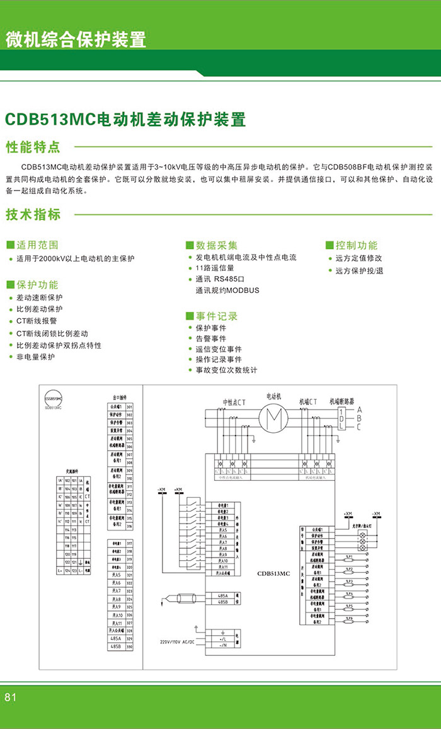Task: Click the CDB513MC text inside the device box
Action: pos(273,573)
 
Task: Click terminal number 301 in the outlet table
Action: pos(129,408)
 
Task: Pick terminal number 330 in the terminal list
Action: pos(129,647)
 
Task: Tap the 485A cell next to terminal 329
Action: pos(116,638)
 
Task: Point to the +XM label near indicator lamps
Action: pos(348,514)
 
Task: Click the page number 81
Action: pos(10,697)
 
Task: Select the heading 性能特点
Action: pos(33,147)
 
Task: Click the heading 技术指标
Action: pos(33,214)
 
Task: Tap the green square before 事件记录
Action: pos(189,316)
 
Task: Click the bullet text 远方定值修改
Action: pos(358,258)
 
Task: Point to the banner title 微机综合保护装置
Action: pos(76,39)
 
